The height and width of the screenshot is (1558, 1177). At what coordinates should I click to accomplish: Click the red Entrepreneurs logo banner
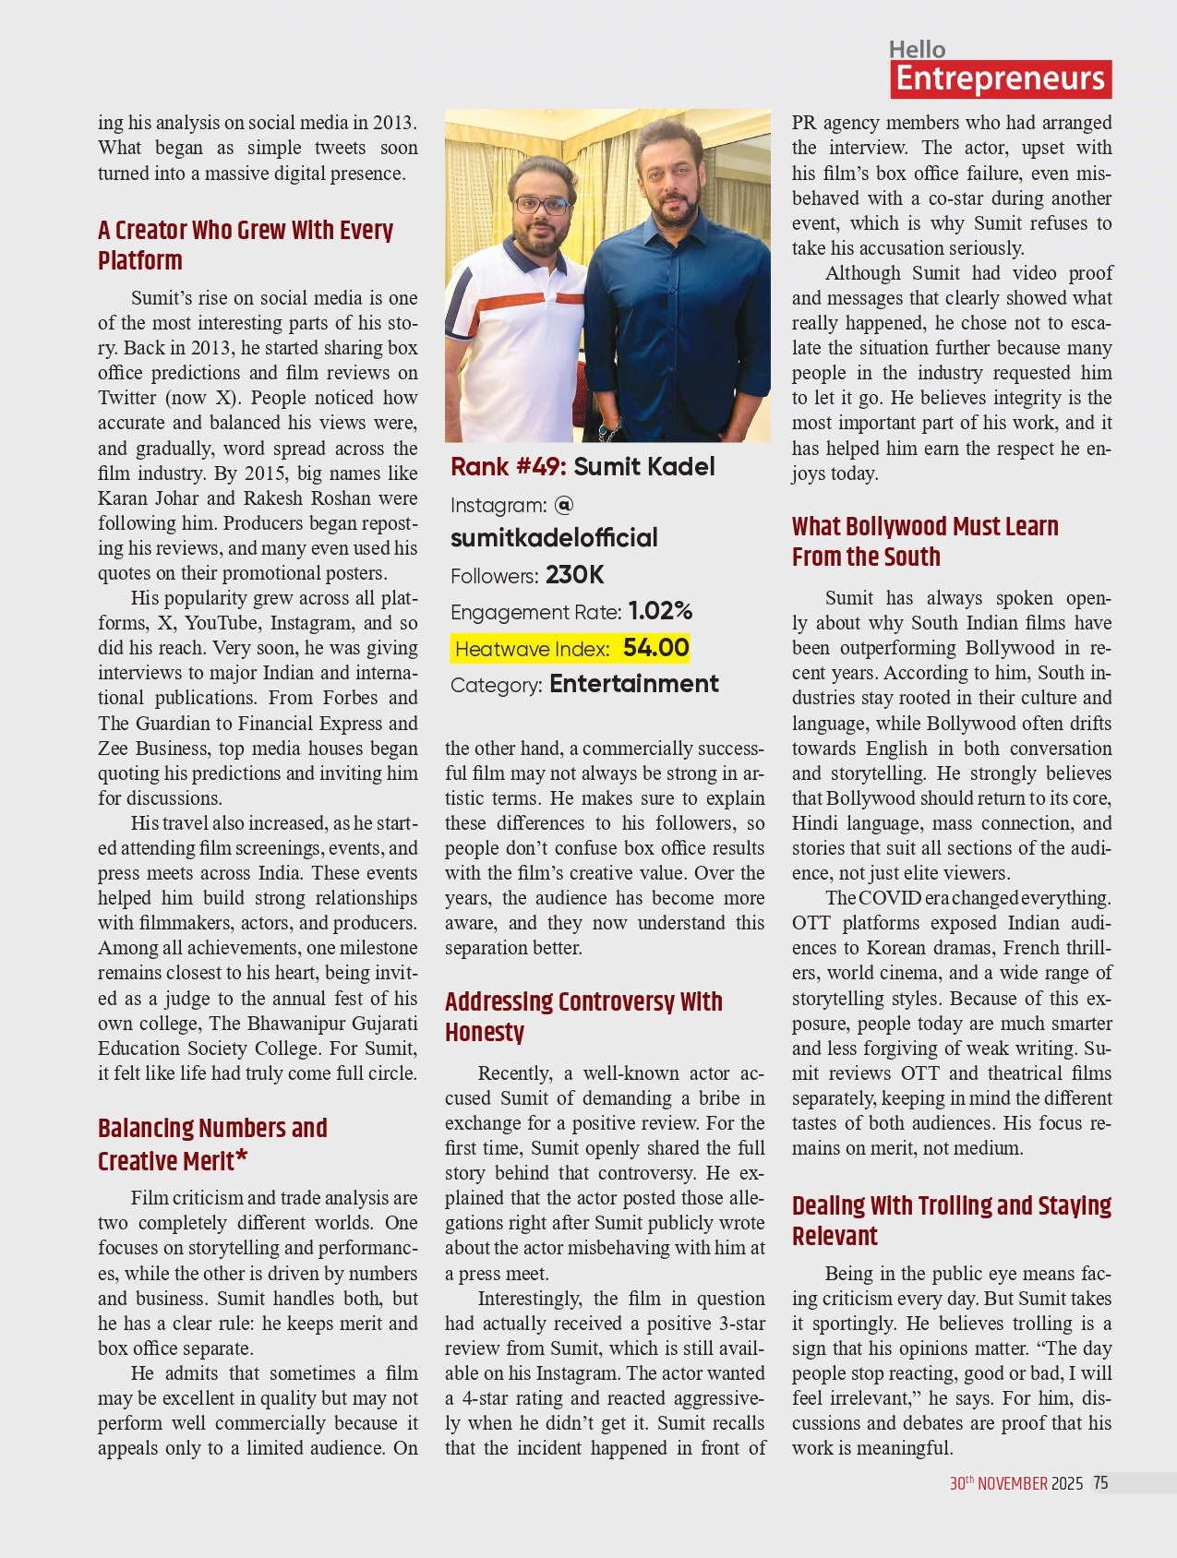(1001, 79)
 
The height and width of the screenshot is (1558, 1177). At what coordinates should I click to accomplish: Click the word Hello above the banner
(917, 50)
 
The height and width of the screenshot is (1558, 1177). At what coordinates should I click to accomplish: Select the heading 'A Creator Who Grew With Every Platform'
(246, 245)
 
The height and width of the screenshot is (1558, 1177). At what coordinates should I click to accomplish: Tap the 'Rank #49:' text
(508, 467)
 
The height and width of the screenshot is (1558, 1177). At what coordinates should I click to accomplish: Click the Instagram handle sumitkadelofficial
(554, 538)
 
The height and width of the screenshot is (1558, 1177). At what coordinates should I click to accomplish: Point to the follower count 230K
(574, 575)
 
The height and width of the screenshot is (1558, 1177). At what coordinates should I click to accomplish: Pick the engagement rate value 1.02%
(660, 611)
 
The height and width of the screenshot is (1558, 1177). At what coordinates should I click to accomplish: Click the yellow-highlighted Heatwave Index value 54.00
(655, 648)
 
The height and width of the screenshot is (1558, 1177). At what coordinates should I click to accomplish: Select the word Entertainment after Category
(633, 684)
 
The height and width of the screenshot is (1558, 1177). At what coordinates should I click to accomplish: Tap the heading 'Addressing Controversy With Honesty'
(583, 1016)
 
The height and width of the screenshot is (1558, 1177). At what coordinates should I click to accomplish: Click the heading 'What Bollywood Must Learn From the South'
(925, 541)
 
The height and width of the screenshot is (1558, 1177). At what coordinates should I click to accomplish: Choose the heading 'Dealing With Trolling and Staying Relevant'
(951, 1220)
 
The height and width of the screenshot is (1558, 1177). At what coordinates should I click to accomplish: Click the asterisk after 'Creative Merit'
(241, 1157)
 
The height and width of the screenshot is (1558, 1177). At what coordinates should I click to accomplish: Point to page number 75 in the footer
(1100, 1483)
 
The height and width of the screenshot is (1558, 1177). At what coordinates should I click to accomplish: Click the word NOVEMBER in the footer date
(1013, 1483)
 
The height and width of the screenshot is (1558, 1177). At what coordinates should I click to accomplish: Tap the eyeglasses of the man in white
(543, 205)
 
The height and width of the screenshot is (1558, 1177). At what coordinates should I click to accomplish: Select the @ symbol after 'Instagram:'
(564, 504)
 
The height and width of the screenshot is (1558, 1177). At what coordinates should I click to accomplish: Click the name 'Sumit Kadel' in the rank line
(644, 467)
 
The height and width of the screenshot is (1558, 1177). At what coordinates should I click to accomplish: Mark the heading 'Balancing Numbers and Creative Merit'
(212, 1145)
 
